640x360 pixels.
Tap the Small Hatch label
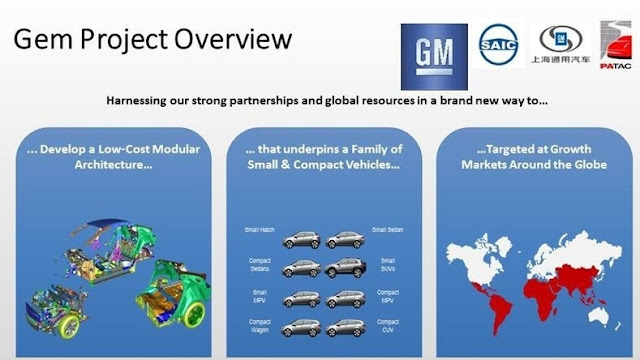point(260,230)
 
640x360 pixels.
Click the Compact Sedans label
point(259,264)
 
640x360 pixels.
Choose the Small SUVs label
point(387,264)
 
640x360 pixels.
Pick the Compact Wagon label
point(259,326)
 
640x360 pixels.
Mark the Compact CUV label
point(387,326)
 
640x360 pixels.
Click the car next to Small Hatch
point(301,240)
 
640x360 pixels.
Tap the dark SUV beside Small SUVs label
point(346,268)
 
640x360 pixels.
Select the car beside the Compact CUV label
point(346,328)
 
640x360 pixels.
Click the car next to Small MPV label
point(301,298)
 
